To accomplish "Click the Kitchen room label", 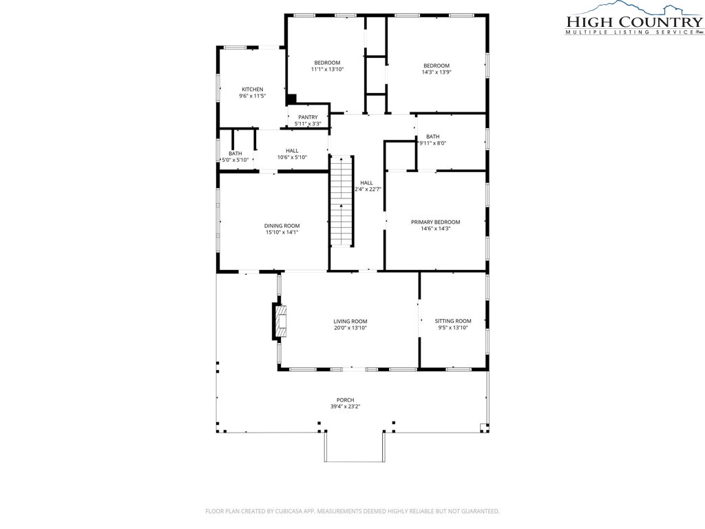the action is click(252, 89).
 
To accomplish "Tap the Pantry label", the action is click(308, 117).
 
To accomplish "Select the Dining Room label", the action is click(282, 226).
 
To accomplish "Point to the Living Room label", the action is click(350, 321).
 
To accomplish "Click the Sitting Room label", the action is click(453, 321).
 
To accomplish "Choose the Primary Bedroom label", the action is click(435, 222).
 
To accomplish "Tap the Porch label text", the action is click(346, 400).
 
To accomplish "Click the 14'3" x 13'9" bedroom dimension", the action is click(436, 72).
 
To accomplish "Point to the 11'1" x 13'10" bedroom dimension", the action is click(327, 70).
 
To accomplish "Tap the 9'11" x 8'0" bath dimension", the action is click(432, 143).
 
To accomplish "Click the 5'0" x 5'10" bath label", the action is click(235, 156).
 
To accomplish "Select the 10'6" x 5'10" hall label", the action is click(292, 154).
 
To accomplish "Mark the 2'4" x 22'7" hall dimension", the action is click(368, 189).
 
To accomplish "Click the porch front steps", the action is click(355, 446).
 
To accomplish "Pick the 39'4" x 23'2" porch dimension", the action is click(346, 406).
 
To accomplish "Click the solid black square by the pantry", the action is click(292, 98).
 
